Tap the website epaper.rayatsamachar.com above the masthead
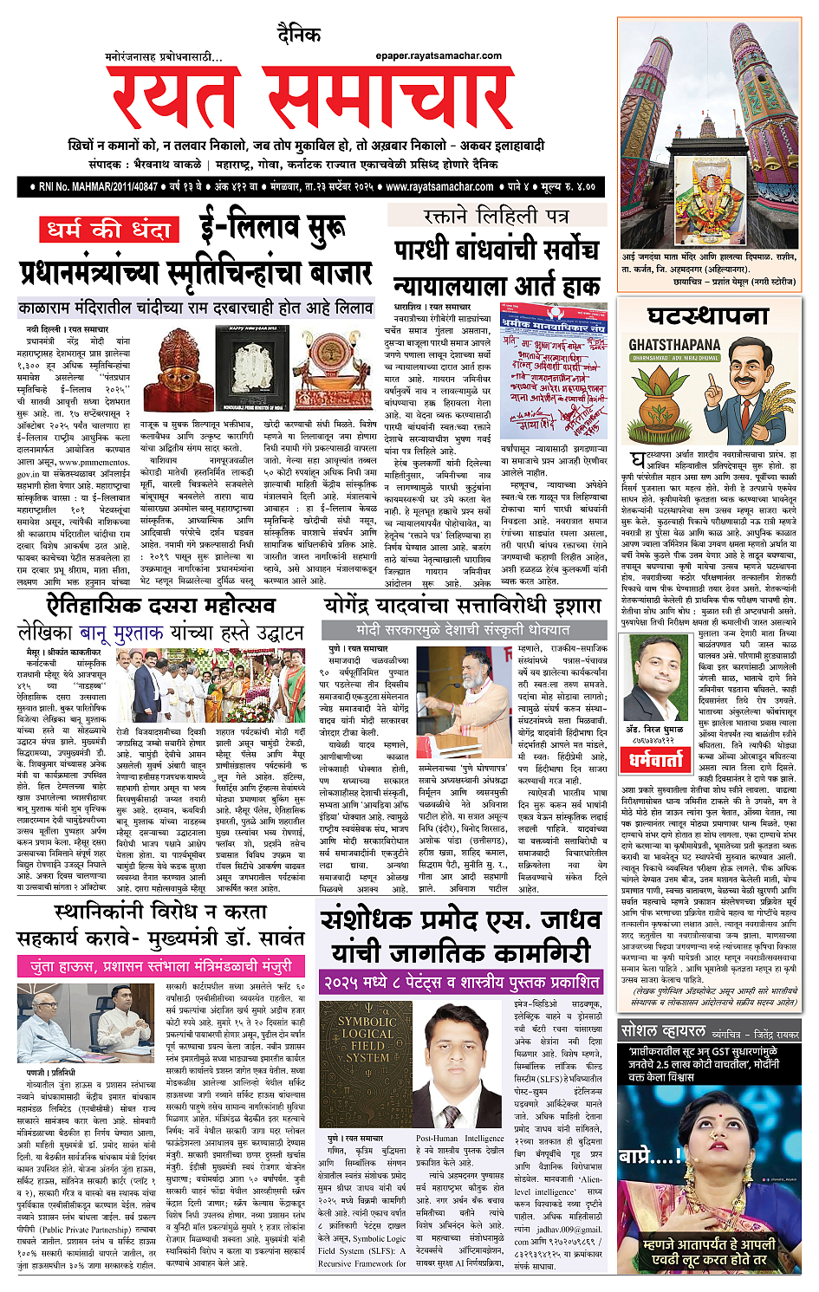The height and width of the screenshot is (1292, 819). click(x=439, y=56)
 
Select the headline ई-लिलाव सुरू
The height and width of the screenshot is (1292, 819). click(x=272, y=227)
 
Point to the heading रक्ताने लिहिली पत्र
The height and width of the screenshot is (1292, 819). click(x=496, y=216)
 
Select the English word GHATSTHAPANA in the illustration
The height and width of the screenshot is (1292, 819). click(x=674, y=345)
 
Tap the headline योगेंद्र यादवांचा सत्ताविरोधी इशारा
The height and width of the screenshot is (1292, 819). click(x=462, y=605)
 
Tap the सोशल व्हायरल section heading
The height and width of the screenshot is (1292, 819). click(x=663, y=1031)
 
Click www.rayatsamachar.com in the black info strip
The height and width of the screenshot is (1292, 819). click(x=439, y=186)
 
